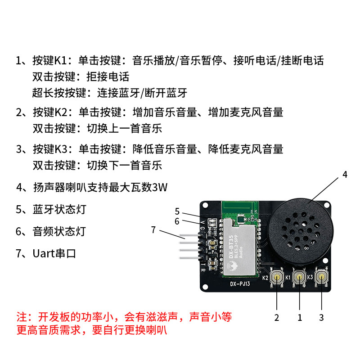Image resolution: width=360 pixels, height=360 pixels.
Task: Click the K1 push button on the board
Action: coord(299,278)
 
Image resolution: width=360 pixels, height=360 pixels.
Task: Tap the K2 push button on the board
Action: coord(277,278)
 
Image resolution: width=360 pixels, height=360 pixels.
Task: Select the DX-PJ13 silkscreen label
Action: coord(239,284)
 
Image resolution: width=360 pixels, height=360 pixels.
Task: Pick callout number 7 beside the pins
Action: coord(153,230)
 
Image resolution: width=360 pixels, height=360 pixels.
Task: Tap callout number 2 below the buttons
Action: coord(277,318)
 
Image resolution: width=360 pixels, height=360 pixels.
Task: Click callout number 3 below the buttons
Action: coord(321,317)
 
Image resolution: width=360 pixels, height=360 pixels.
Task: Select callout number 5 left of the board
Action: coord(177,211)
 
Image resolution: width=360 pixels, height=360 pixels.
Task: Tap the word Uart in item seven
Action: coord(43,253)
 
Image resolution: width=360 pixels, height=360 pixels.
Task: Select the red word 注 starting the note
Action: coord(22,316)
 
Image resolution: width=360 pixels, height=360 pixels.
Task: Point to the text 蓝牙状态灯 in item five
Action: coord(59,210)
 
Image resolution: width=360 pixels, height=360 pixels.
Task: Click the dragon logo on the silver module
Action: coord(232,266)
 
